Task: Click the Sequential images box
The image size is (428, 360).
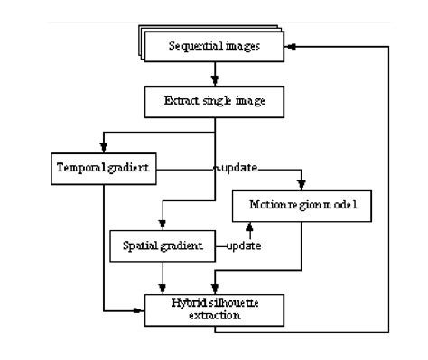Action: [215, 46]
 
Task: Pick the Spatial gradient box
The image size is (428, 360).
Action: [162, 244]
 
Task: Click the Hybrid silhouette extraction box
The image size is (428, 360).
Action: [214, 308]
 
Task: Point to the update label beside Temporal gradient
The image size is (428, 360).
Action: [234, 168]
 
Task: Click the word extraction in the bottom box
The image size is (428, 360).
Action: [214, 315]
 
